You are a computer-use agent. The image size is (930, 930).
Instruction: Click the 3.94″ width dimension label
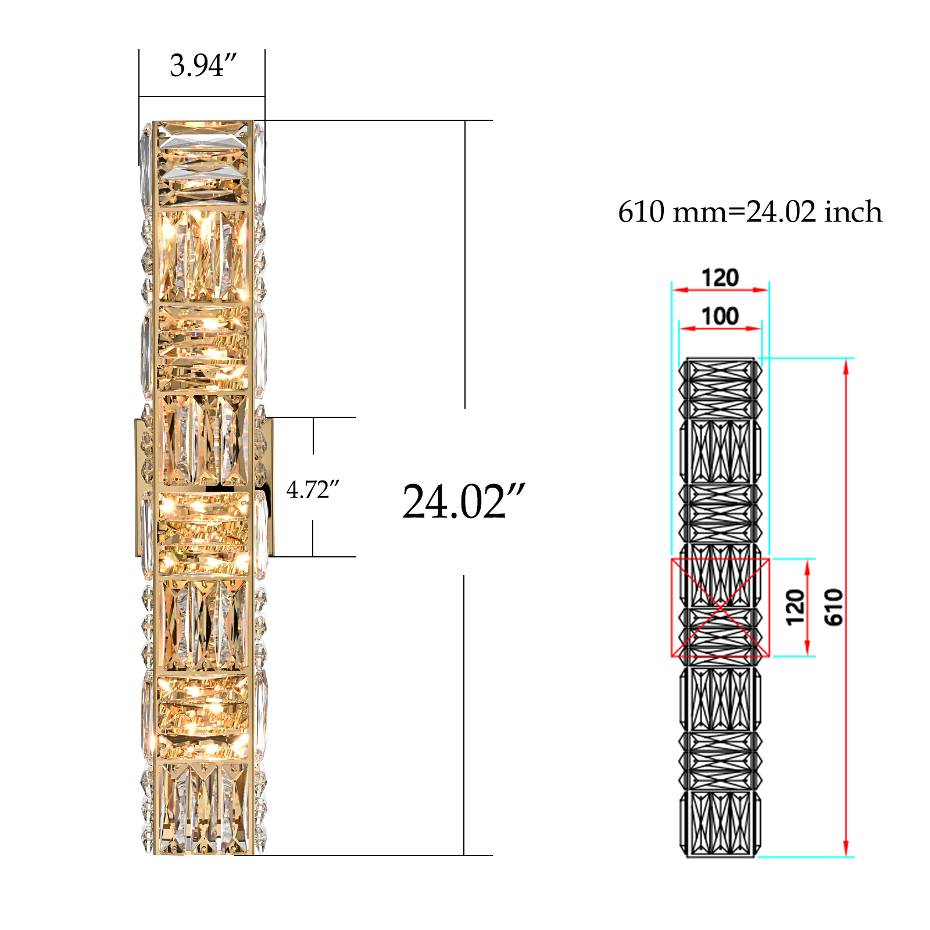pyautogui.click(x=203, y=65)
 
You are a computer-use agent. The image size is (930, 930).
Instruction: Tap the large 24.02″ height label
pyautogui.click(x=464, y=502)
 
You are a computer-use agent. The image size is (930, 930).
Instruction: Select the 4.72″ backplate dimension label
pyautogui.click(x=313, y=490)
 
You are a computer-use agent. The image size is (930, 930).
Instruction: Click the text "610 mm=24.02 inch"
pyautogui.click(x=750, y=212)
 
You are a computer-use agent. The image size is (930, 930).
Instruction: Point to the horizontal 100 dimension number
pyautogui.click(x=720, y=316)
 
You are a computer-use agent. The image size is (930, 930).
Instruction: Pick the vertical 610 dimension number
pyautogui.click(x=834, y=607)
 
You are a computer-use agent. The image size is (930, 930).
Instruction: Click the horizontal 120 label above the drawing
pyautogui.click(x=720, y=278)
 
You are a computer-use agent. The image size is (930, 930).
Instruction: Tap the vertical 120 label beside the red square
pyautogui.click(x=795, y=607)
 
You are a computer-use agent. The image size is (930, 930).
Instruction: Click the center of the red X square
pyautogui.click(x=720, y=607)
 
